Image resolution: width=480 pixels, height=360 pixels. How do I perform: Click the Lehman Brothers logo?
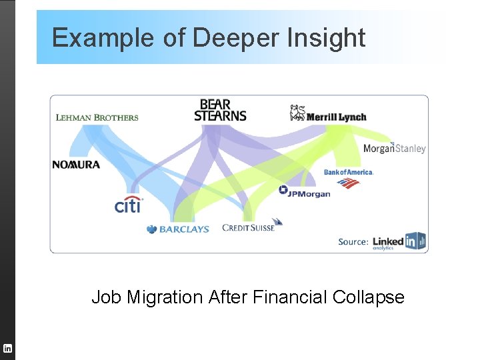[x=97, y=118]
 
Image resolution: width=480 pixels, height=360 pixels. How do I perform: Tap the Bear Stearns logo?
[x=221, y=111]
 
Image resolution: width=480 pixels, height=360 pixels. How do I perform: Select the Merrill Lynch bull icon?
[x=297, y=113]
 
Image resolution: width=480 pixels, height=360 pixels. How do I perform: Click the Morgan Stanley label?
[x=394, y=149]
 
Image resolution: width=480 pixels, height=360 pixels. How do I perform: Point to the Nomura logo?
[x=76, y=165]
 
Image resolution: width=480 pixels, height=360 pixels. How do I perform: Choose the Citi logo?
[x=128, y=205]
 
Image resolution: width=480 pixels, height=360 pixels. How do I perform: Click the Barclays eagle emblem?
[x=152, y=229]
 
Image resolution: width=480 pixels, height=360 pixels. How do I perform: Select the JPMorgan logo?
[x=305, y=193]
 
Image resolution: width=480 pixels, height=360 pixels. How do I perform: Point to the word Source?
[x=353, y=241]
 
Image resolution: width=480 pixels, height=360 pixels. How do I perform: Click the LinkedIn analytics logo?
[x=399, y=241]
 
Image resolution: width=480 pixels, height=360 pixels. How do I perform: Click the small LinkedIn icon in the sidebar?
[x=7, y=348]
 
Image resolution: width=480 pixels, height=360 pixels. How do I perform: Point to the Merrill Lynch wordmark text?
[x=337, y=117]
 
